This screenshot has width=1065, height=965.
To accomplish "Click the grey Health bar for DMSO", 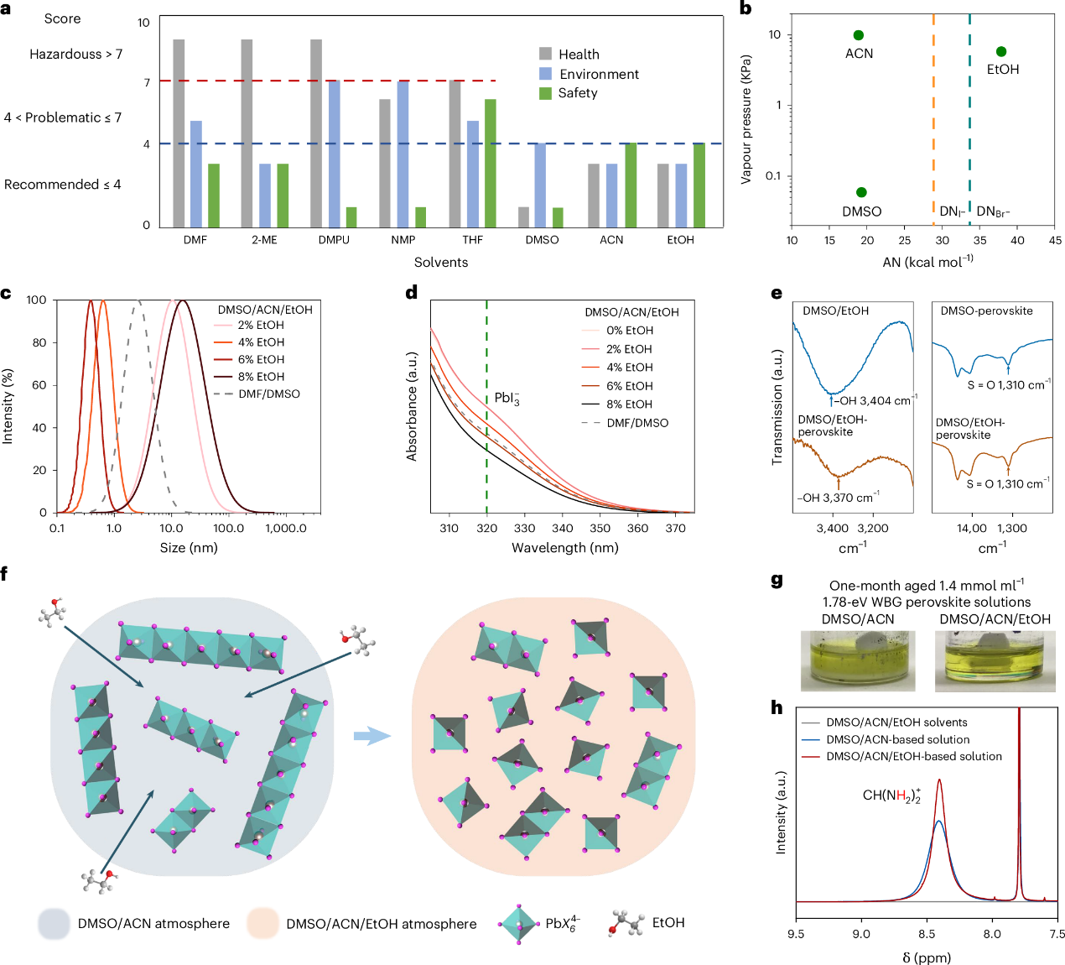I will click(524, 216).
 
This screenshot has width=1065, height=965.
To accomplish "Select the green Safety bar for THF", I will click(491, 164).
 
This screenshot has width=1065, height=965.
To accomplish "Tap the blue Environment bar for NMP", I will click(403, 154).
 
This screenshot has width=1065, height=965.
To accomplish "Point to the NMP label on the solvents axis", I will click(403, 240).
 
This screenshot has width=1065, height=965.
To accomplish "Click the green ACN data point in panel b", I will click(858, 35).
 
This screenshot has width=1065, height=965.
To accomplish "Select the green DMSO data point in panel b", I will click(861, 192).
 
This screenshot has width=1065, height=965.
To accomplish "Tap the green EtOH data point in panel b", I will click(1001, 52).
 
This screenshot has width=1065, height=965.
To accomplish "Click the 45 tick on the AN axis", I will click(1055, 241).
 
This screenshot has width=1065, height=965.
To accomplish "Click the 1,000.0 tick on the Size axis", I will click(286, 529).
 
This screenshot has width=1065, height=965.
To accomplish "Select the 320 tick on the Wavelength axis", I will click(487, 529).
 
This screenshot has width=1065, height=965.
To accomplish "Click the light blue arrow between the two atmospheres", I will click(371, 736).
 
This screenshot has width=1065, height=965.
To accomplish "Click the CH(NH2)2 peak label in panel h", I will click(891, 795).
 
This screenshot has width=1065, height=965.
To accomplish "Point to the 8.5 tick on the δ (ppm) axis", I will click(927, 934).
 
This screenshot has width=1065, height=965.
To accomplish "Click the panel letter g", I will click(777, 581).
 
